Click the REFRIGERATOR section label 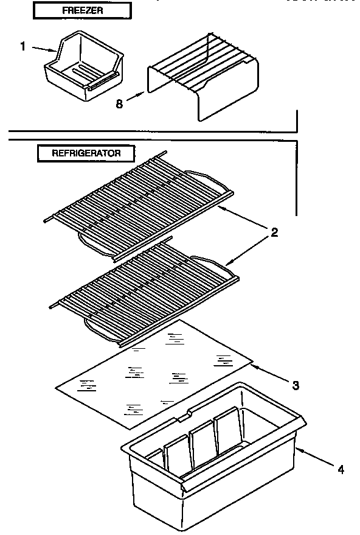click(86, 153)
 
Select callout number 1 click(23, 46)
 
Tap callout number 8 click(119, 103)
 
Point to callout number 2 click(274, 232)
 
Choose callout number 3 click(295, 385)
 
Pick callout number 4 click(341, 469)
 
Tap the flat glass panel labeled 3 click(152, 371)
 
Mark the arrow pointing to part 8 click(136, 97)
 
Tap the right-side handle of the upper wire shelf click(210, 180)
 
